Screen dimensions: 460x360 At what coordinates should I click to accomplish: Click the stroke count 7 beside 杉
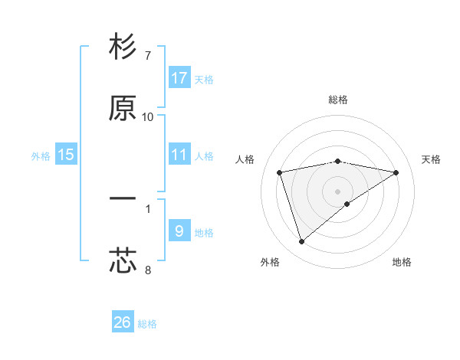click(x=147, y=56)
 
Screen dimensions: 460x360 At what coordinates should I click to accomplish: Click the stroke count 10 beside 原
click(x=147, y=117)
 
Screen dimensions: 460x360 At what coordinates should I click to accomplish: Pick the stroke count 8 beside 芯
click(x=147, y=270)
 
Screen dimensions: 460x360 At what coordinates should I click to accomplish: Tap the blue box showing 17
click(x=179, y=78)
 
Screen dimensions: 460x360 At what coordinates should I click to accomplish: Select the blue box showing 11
click(x=179, y=155)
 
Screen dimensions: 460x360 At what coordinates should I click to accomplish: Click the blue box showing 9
click(x=179, y=231)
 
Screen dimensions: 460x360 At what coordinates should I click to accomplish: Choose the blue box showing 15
click(x=66, y=155)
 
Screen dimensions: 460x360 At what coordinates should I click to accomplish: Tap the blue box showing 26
click(x=123, y=322)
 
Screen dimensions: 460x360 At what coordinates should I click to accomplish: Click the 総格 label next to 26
click(x=147, y=324)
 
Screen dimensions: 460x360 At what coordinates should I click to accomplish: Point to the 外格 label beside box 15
click(x=41, y=156)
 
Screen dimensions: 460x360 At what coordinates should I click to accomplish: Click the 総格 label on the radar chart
click(x=338, y=100)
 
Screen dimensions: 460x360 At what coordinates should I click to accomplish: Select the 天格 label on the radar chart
click(x=431, y=159)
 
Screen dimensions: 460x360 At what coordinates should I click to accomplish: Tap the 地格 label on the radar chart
click(x=402, y=262)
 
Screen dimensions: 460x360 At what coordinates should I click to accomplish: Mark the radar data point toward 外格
click(x=301, y=242)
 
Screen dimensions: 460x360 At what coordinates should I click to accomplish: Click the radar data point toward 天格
click(x=396, y=172)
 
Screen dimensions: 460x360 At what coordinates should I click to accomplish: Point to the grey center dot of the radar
click(x=338, y=191)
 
